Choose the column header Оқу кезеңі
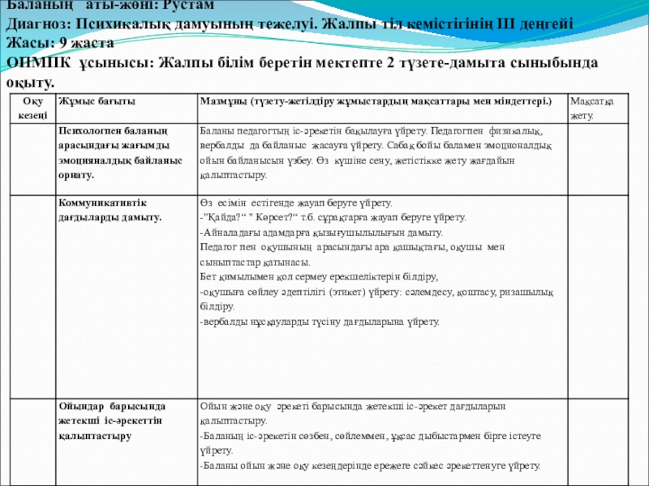point(29,107)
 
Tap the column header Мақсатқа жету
point(591,108)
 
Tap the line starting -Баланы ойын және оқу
point(369,467)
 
